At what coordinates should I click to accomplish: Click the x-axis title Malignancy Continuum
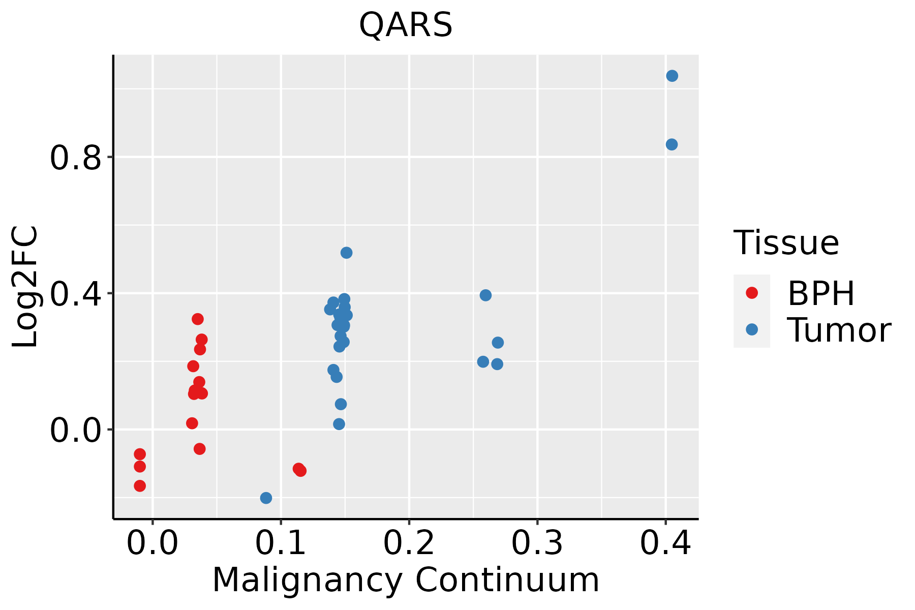click(405, 580)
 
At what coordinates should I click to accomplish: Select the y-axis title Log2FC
click(25, 287)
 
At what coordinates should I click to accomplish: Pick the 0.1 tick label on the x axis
click(280, 543)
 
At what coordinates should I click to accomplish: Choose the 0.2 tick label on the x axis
click(408, 543)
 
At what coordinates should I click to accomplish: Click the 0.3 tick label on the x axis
click(537, 543)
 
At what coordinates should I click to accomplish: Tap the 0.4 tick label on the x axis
click(665, 543)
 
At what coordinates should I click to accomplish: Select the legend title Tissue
click(786, 243)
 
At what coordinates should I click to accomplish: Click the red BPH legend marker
click(751, 293)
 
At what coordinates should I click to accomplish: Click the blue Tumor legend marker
click(751, 329)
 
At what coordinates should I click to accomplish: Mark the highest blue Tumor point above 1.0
click(672, 76)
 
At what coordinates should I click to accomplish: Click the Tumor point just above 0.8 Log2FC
click(672, 144)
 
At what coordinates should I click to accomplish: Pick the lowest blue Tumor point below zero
click(266, 498)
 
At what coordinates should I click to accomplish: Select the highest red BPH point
click(198, 319)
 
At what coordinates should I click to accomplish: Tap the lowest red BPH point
click(140, 486)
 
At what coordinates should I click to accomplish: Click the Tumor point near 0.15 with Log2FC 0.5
click(346, 253)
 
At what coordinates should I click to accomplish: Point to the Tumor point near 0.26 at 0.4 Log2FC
click(485, 295)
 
